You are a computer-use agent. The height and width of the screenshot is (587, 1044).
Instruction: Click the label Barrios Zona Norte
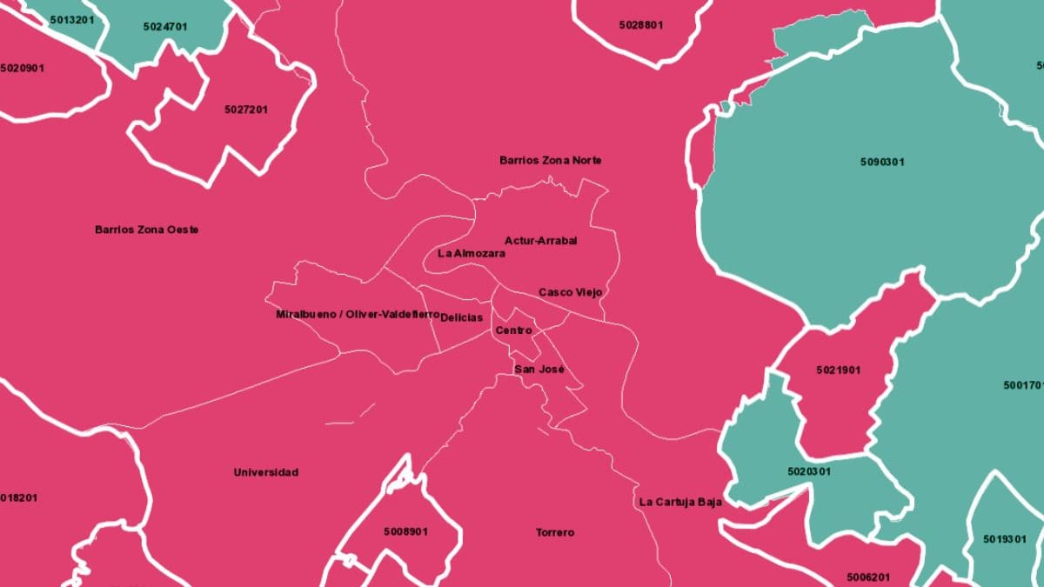pyautogui.click(x=550, y=161)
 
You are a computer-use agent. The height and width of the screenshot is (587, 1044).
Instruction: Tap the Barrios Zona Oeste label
pyautogui.click(x=146, y=230)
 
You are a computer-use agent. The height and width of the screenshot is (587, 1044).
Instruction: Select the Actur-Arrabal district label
pyautogui.click(x=540, y=241)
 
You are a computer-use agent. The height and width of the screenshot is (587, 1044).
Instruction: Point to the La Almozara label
pyautogui.click(x=471, y=254)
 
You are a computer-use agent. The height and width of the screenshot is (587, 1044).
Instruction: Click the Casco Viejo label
pyautogui.click(x=570, y=293)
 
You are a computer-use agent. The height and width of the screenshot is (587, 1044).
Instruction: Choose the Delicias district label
pyautogui.click(x=461, y=318)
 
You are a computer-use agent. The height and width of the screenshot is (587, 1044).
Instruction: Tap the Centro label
pyautogui.click(x=513, y=331)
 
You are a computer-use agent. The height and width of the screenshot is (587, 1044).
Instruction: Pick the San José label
pyautogui.click(x=539, y=370)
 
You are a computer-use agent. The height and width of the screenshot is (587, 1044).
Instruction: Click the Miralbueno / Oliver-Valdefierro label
pyautogui.click(x=357, y=314)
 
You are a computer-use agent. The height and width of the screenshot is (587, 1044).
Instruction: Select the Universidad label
pyautogui.click(x=265, y=473)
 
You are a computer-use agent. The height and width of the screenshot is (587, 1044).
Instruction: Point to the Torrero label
pyautogui.click(x=554, y=533)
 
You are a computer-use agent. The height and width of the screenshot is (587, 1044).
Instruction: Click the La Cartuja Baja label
pyautogui.click(x=680, y=503)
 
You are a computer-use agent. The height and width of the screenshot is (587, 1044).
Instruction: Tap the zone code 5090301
pyautogui.click(x=882, y=163)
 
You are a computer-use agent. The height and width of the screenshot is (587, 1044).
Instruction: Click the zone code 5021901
pyautogui.click(x=838, y=370)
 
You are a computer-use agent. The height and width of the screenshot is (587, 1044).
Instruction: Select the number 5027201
pyautogui.click(x=246, y=110)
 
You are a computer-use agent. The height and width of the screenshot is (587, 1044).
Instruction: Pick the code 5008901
pyautogui.click(x=405, y=531)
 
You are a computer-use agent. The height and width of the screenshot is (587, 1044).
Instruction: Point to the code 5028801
pyautogui.click(x=641, y=25)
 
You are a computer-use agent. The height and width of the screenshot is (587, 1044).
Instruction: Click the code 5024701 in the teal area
pyautogui.click(x=165, y=27)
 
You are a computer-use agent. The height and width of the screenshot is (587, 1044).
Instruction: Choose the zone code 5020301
pyautogui.click(x=809, y=472)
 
